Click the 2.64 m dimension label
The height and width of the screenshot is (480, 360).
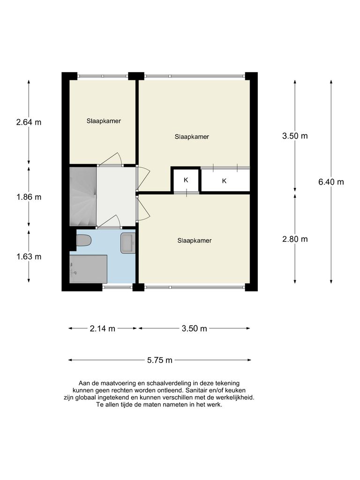(29, 122)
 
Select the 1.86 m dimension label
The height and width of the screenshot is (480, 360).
(29, 197)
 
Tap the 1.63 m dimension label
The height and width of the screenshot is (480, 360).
(29, 256)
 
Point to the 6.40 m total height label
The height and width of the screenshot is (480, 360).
(331, 182)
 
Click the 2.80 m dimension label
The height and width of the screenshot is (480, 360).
(295, 239)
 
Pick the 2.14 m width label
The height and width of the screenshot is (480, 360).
(102, 329)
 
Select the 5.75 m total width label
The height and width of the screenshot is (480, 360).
(159, 360)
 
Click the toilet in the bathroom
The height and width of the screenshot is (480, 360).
(83, 240)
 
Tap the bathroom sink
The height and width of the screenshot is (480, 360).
(127, 243)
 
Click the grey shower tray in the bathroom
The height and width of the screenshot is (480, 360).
(88, 269)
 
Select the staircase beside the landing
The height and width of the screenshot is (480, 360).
(83, 197)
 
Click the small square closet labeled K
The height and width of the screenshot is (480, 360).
(186, 180)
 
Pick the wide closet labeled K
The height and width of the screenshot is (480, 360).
(225, 180)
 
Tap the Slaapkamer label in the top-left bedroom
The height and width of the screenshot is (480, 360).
(104, 121)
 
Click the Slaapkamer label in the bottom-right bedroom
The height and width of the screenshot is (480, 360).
(195, 240)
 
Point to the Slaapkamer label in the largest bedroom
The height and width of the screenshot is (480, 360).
(192, 137)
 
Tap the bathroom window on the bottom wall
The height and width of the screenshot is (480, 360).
(117, 287)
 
